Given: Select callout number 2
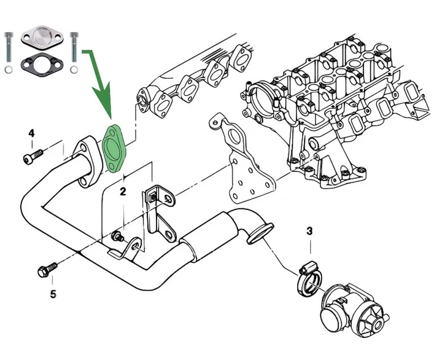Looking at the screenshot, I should click(123, 192).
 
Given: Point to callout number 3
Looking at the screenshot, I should click(309, 231).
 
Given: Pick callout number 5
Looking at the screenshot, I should click(53, 294).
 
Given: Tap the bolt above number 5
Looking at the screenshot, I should click(46, 270).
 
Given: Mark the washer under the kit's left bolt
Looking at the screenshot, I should click(8, 69).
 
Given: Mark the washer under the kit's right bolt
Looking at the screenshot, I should click(74, 69).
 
